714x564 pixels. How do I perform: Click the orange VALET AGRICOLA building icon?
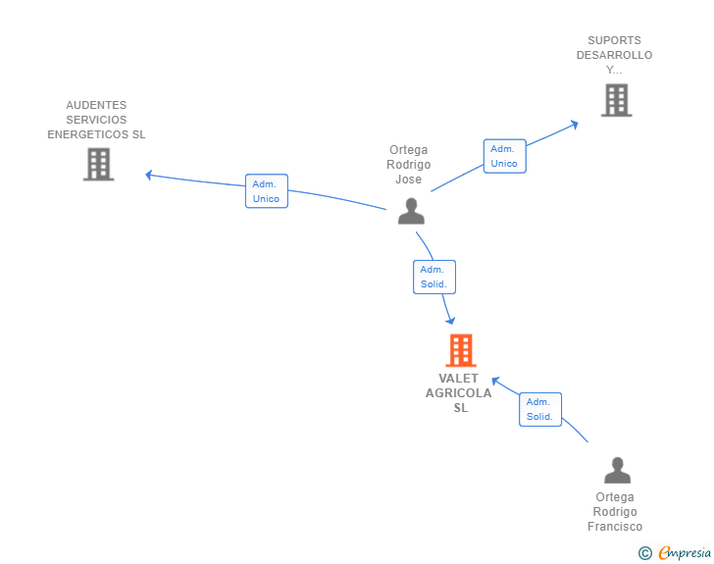click(461, 350)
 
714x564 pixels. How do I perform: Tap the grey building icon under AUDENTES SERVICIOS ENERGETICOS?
click(98, 165)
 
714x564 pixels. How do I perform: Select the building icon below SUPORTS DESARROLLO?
click(617, 100)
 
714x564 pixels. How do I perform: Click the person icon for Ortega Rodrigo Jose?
click(411, 211)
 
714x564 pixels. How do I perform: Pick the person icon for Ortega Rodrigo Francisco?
click(618, 470)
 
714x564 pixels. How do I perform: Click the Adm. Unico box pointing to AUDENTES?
click(267, 191)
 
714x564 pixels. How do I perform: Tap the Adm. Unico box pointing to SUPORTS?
click(504, 156)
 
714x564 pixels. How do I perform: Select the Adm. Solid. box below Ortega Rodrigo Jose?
click(434, 277)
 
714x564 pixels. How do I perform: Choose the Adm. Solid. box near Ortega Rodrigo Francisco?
click(540, 409)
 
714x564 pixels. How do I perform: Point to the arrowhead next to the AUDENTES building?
click(148, 175)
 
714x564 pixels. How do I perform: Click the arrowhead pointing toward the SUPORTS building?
click(575, 125)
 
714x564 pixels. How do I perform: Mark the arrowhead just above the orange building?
click(450, 321)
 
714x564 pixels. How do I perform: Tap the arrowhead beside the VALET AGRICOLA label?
click(496, 381)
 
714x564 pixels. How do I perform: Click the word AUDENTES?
click(96, 105)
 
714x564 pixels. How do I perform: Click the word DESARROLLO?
click(614, 55)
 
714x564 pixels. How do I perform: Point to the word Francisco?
click(615, 527)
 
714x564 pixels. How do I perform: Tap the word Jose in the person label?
click(408, 179)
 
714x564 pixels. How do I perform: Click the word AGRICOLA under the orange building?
click(459, 393)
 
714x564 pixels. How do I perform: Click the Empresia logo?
click(675, 552)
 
